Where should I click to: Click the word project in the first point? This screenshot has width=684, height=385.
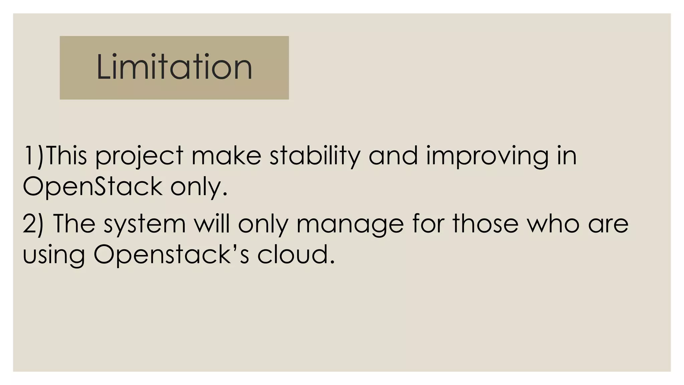pyautogui.click(x=139, y=156)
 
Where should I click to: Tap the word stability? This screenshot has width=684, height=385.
pyautogui.click(x=315, y=156)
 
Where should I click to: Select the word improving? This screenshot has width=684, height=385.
pyautogui.click(x=487, y=156)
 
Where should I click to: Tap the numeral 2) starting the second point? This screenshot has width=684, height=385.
pyautogui.click(x=33, y=224)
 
